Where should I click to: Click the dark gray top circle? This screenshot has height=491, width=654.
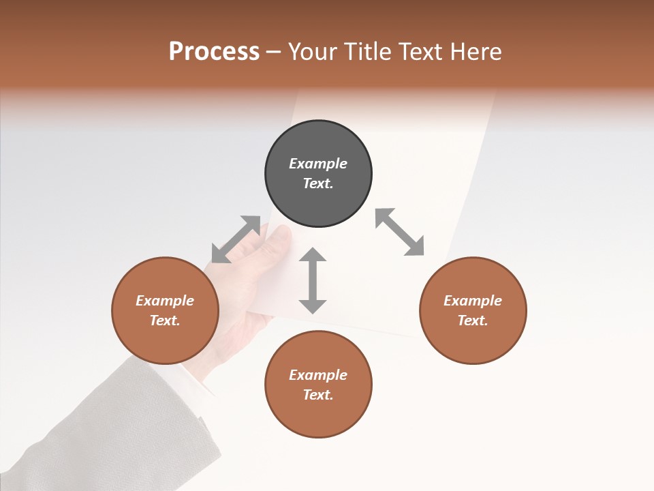point(318,174)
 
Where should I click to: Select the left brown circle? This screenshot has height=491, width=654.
point(165,310)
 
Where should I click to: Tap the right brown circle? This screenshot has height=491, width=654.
point(473,310)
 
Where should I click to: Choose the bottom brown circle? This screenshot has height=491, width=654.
point(318,385)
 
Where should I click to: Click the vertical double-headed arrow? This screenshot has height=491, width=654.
point(313,280)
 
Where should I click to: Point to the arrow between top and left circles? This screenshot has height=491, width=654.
point(236,239)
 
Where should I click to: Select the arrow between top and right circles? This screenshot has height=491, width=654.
point(400,232)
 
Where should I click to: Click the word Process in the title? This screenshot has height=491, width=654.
point(214,51)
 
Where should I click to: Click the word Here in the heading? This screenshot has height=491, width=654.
point(475,52)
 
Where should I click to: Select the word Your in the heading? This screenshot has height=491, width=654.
point(312,52)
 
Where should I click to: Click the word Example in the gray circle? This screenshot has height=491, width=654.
point(318,164)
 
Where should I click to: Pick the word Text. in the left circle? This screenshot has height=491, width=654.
point(165,321)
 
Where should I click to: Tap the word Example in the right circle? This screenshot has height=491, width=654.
point(473,301)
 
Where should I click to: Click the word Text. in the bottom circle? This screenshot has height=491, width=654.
point(318,395)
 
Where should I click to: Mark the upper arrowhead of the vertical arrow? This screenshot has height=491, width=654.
point(313,255)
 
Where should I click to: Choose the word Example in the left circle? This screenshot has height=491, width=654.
point(165,301)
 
